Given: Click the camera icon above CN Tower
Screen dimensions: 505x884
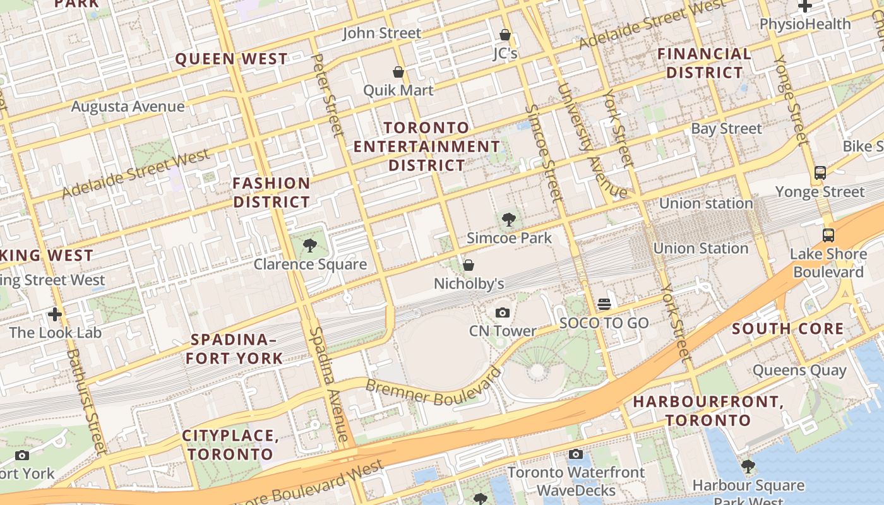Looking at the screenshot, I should pyautogui.click(x=503, y=312).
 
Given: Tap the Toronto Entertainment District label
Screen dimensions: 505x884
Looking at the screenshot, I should pyautogui.click(x=427, y=146).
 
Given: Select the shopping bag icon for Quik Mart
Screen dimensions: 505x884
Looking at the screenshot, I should pyautogui.click(x=398, y=72).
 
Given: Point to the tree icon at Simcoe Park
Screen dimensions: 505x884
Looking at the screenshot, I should pyautogui.click(x=508, y=220).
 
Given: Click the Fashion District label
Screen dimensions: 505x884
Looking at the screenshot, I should pyautogui.click(x=272, y=193).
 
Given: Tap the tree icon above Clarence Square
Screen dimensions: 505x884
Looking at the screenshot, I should pyautogui.click(x=309, y=246).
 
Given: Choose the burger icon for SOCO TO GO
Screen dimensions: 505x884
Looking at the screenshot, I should pyautogui.click(x=604, y=304).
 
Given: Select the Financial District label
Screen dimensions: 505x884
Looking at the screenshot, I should pyautogui.click(x=705, y=63).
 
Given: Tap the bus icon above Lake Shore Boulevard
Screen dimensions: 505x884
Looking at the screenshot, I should pyautogui.click(x=828, y=235).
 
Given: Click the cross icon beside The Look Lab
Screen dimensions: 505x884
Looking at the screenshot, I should pyautogui.click(x=55, y=314).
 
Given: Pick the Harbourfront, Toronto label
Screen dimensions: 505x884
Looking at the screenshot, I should pyautogui.click(x=708, y=410).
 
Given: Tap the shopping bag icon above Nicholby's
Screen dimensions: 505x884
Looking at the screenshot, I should pyautogui.click(x=469, y=265).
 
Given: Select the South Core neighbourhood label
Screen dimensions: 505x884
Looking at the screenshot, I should pyautogui.click(x=787, y=328).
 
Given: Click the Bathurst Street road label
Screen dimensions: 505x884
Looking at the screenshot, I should pyautogui.click(x=85, y=401).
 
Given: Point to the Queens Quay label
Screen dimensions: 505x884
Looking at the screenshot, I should pyautogui.click(x=799, y=370).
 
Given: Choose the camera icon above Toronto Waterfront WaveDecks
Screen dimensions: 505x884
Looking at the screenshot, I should pyautogui.click(x=575, y=454).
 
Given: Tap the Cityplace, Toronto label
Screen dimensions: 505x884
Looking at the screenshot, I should pyautogui.click(x=230, y=444).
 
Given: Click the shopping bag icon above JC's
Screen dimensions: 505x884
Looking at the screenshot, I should pyautogui.click(x=505, y=35).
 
